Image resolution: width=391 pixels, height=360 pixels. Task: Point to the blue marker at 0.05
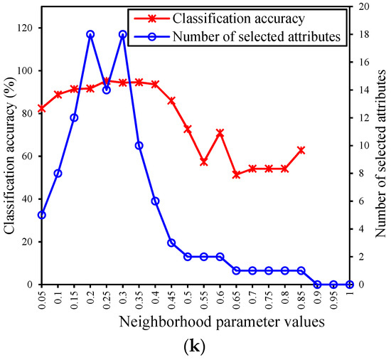pos(42,215)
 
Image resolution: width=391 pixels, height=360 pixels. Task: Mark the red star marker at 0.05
pos(42,108)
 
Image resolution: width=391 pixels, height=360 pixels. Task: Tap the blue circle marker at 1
pos(350,285)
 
